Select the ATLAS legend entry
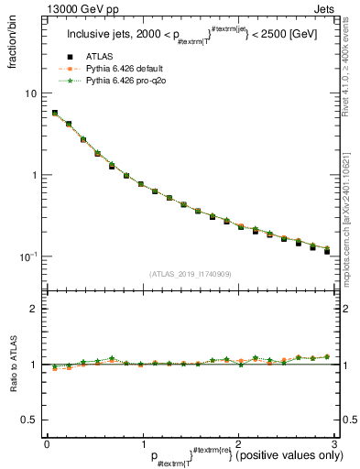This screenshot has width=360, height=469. click(101, 56)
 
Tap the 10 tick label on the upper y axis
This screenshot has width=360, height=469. click(31, 93)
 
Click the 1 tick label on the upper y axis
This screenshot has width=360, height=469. click(34, 175)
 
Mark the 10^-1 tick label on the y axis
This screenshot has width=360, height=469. click(27, 256)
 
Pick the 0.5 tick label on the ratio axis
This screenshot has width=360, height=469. click(29, 420)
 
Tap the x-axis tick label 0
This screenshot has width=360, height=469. click(47, 443)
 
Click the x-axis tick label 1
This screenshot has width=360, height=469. click(142, 443)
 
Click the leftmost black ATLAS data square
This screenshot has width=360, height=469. click(55, 114)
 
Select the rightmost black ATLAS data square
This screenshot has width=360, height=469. click(326, 251)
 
